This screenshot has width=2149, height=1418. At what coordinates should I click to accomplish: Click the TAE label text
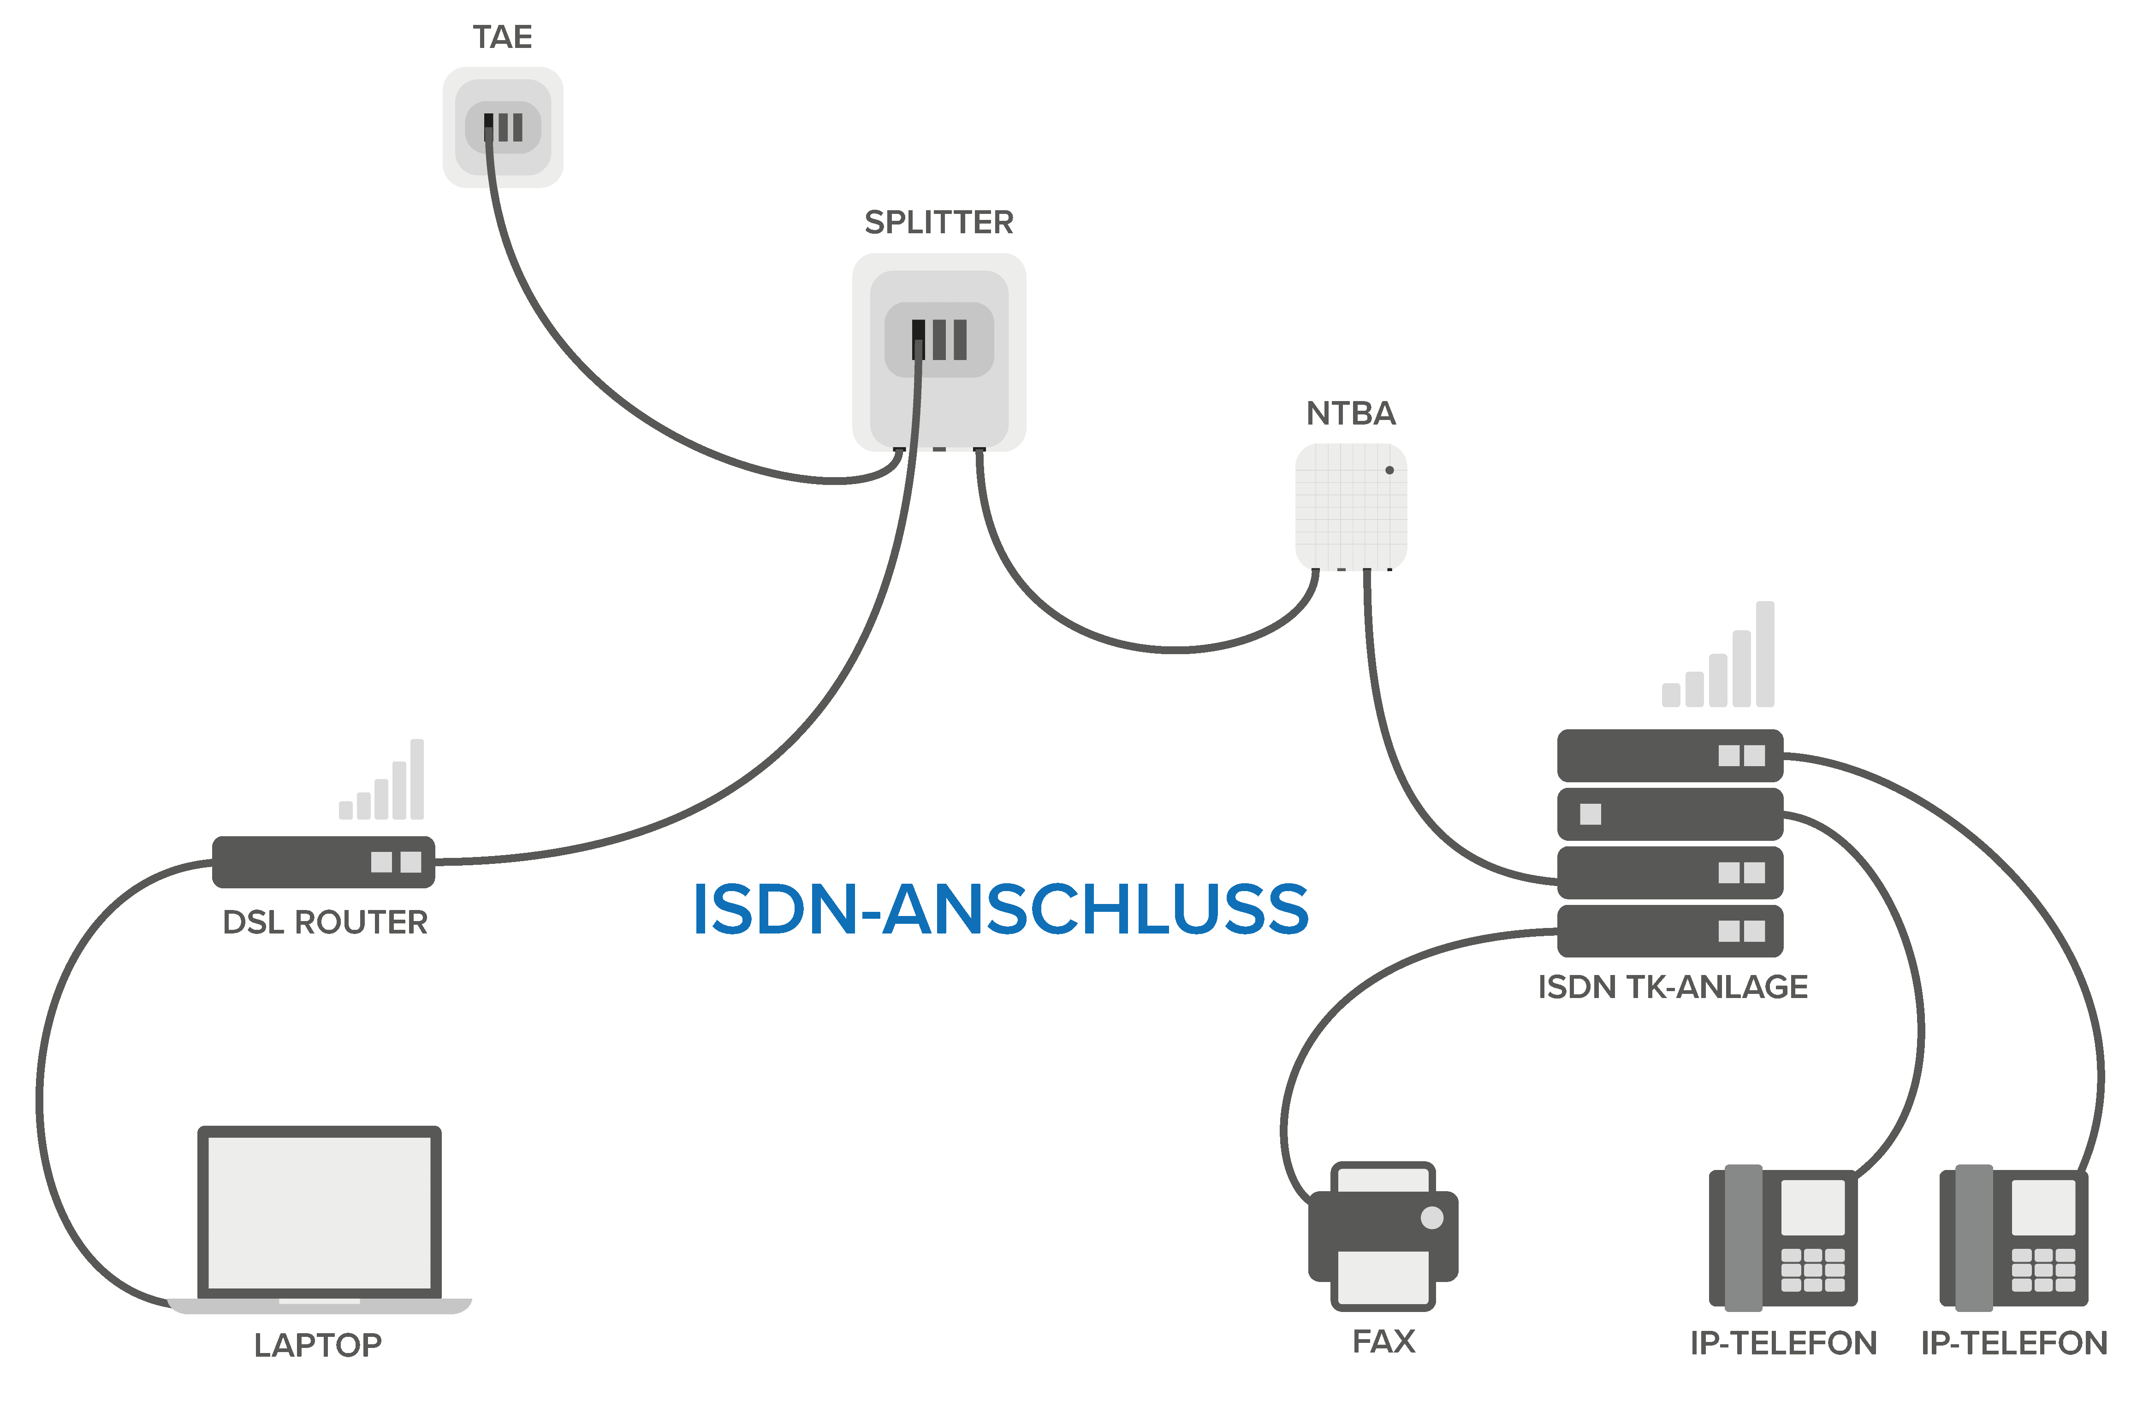click(502, 38)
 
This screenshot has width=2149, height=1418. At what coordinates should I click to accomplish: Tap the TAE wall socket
click(503, 128)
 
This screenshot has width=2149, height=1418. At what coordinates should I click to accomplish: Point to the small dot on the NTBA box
click(1389, 470)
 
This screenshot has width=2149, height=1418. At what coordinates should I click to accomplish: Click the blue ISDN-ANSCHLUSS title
click(1000, 910)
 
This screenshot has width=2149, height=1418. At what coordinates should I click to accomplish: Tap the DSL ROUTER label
click(325, 922)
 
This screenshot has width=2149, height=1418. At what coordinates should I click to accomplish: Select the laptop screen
click(319, 1212)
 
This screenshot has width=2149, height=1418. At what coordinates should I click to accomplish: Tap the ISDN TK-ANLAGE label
click(1672, 987)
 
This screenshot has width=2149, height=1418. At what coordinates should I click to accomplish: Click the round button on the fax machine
click(1432, 1217)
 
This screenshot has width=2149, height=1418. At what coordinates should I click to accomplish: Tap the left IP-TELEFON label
click(1783, 1343)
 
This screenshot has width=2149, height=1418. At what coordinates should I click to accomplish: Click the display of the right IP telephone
click(2043, 1206)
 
